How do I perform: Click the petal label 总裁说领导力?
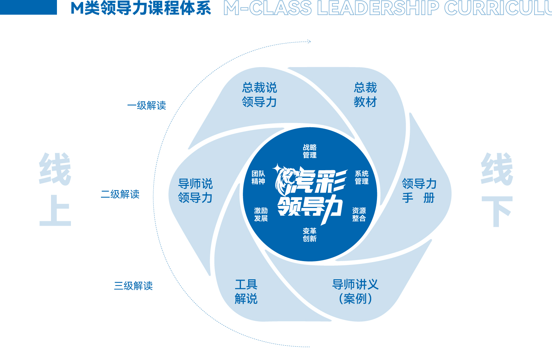pos(260,95)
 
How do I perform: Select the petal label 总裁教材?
pos(365,95)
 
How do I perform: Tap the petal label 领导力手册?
pos(419,190)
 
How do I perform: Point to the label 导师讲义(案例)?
pos(355,291)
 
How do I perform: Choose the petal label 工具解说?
pos(246,291)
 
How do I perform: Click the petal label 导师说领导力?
pos(195,190)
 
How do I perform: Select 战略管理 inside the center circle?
pos(310,151)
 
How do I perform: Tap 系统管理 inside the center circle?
pos(362,178)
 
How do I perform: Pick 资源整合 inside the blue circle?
pos(359,214)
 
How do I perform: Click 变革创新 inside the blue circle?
pos(310,235)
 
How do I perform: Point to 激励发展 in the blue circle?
pos(261,214)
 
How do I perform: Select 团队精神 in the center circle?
pos(258,178)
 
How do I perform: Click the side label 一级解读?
pos(147,106)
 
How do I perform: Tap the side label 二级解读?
pos(120,194)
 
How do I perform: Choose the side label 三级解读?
pos(133,286)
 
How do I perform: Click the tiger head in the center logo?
pos(286,180)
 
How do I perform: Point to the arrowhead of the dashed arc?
pos(309,42)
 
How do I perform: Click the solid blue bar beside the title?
pos(28,7)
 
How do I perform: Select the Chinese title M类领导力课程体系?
pos(141,8)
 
